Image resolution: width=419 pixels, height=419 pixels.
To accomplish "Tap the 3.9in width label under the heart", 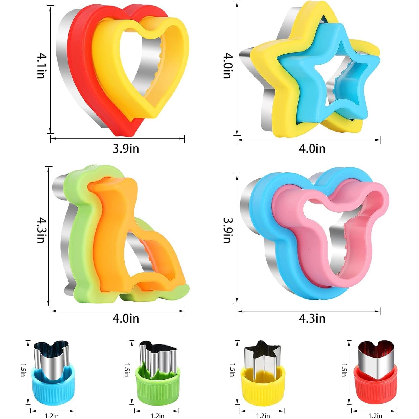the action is [126, 148].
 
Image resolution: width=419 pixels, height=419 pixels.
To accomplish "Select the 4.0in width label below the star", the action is [312, 148].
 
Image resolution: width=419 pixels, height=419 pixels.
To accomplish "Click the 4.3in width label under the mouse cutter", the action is [312, 318].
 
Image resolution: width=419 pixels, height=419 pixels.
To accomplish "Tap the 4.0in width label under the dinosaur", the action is [126, 318].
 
